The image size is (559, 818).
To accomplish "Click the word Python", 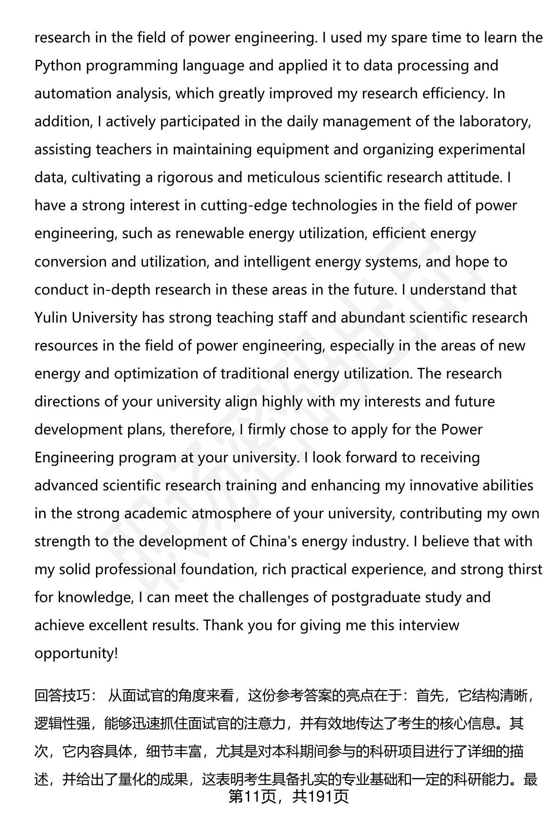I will point(58,66).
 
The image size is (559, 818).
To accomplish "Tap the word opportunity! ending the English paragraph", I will point(76,653).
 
